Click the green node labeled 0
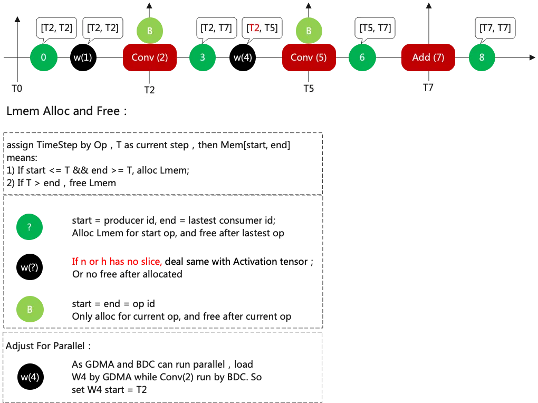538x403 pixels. (43, 57)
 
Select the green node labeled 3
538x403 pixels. (203, 57)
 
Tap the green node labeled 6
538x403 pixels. (362, 57)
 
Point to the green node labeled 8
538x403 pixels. (482, 57)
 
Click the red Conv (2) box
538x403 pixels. (150, 57)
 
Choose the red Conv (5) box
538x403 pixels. (309, 57)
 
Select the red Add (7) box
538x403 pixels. (428, 57)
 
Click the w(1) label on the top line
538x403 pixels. (83, 57)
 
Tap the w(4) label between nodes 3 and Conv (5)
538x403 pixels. (243, 57)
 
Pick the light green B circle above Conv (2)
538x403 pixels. (150, 31)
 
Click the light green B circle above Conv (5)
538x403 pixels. (309, 31)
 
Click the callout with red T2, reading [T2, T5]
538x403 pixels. (262, 27)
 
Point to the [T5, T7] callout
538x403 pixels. (376, 27)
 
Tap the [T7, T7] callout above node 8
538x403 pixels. (495, 27)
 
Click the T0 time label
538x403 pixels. (17, 89)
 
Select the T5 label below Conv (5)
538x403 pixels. (309, 89)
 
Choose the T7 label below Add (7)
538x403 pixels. (428, 88)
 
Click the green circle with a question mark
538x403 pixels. (30, 227)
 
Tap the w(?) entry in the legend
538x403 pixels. (30, 267)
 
